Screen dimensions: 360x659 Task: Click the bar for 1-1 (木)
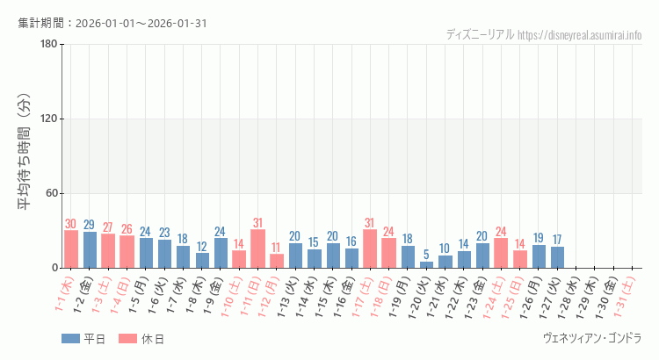(70, 249)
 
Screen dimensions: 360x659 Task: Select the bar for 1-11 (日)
(258, 248)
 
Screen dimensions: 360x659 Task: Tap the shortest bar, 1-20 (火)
(427, 264)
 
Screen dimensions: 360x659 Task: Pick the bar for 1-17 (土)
(371, 248)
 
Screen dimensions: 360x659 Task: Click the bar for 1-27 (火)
(558, 257)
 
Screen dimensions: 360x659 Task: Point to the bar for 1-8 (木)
(202, 260)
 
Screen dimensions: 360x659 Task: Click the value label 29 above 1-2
(90, 225)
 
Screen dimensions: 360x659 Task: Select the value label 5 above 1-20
(427, 255)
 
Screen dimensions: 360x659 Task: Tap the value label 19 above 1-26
(540, 237)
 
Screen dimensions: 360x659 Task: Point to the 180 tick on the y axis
(48, 45)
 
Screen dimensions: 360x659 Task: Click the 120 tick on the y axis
(48, 119)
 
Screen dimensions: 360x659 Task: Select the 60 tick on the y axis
(51, 194)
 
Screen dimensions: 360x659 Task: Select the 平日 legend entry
(83, 340)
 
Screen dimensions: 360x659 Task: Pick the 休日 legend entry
(141, 340)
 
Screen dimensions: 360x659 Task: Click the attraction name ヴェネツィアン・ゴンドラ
(592, 338)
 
